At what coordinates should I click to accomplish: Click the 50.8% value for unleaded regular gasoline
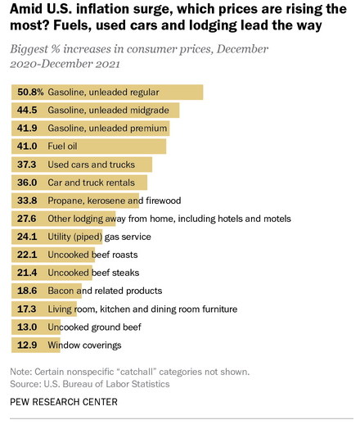pyautogui.click(x=29, y=92)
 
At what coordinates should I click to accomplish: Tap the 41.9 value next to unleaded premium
pyautogui.click(x=29, y=128)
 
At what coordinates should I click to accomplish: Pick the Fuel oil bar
pyautogui.click(x=123, y=146)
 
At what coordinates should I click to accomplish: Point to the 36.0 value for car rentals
pyautogui.click(x=29, y=182)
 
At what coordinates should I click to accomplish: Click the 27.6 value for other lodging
pyautogui.click(x=29, y=219)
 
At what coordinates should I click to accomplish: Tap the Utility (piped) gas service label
pyautogui.click(x=99, y=237)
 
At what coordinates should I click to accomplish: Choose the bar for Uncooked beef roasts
pyautogui.click(x=74, y=255)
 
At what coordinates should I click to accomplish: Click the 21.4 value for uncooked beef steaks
pyautogui.click(x=29, y=273)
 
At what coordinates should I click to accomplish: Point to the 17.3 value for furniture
pyautogui.click(x=29, y=309)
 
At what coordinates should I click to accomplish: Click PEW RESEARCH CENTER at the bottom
pyautogui.click(x=64, y=401)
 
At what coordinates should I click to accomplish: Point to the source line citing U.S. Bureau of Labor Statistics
pyautogui.click(x=89, y=382)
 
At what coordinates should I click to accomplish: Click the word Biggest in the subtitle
pyautogui.click(x=31, y=49)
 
